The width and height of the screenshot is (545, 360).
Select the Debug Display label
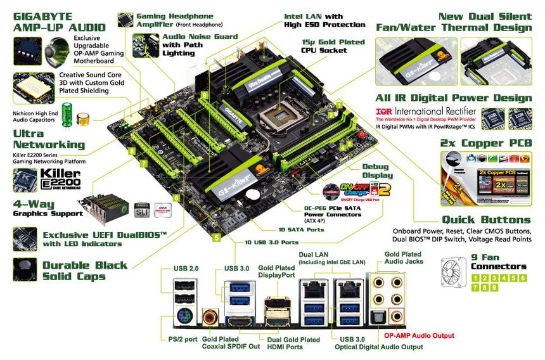click(x=377, y=171)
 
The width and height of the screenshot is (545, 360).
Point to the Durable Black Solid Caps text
click(x=84, y=271)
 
